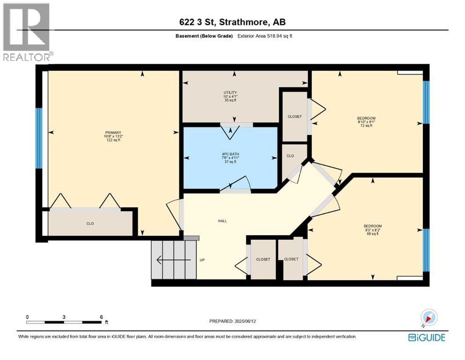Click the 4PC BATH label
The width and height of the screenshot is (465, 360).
(229, 157)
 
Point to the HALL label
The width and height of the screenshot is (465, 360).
(222, 221)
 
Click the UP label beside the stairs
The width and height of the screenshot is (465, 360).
(202, 260)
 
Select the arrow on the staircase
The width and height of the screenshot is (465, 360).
(173, 260)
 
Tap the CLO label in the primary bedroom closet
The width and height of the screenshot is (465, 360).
(90, 224)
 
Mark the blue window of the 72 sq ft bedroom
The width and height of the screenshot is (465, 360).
(426, 102)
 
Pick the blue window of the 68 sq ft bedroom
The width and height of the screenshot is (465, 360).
(426, 250)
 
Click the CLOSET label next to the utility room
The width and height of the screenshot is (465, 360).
(295, 116)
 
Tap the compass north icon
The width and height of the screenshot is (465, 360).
(429, 317)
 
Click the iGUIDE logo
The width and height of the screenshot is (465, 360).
(427, 337)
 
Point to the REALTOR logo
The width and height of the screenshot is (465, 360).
(26, 32)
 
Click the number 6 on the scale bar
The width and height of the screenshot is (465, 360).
(101, 316)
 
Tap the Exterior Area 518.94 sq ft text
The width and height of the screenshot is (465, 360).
(265, 36)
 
